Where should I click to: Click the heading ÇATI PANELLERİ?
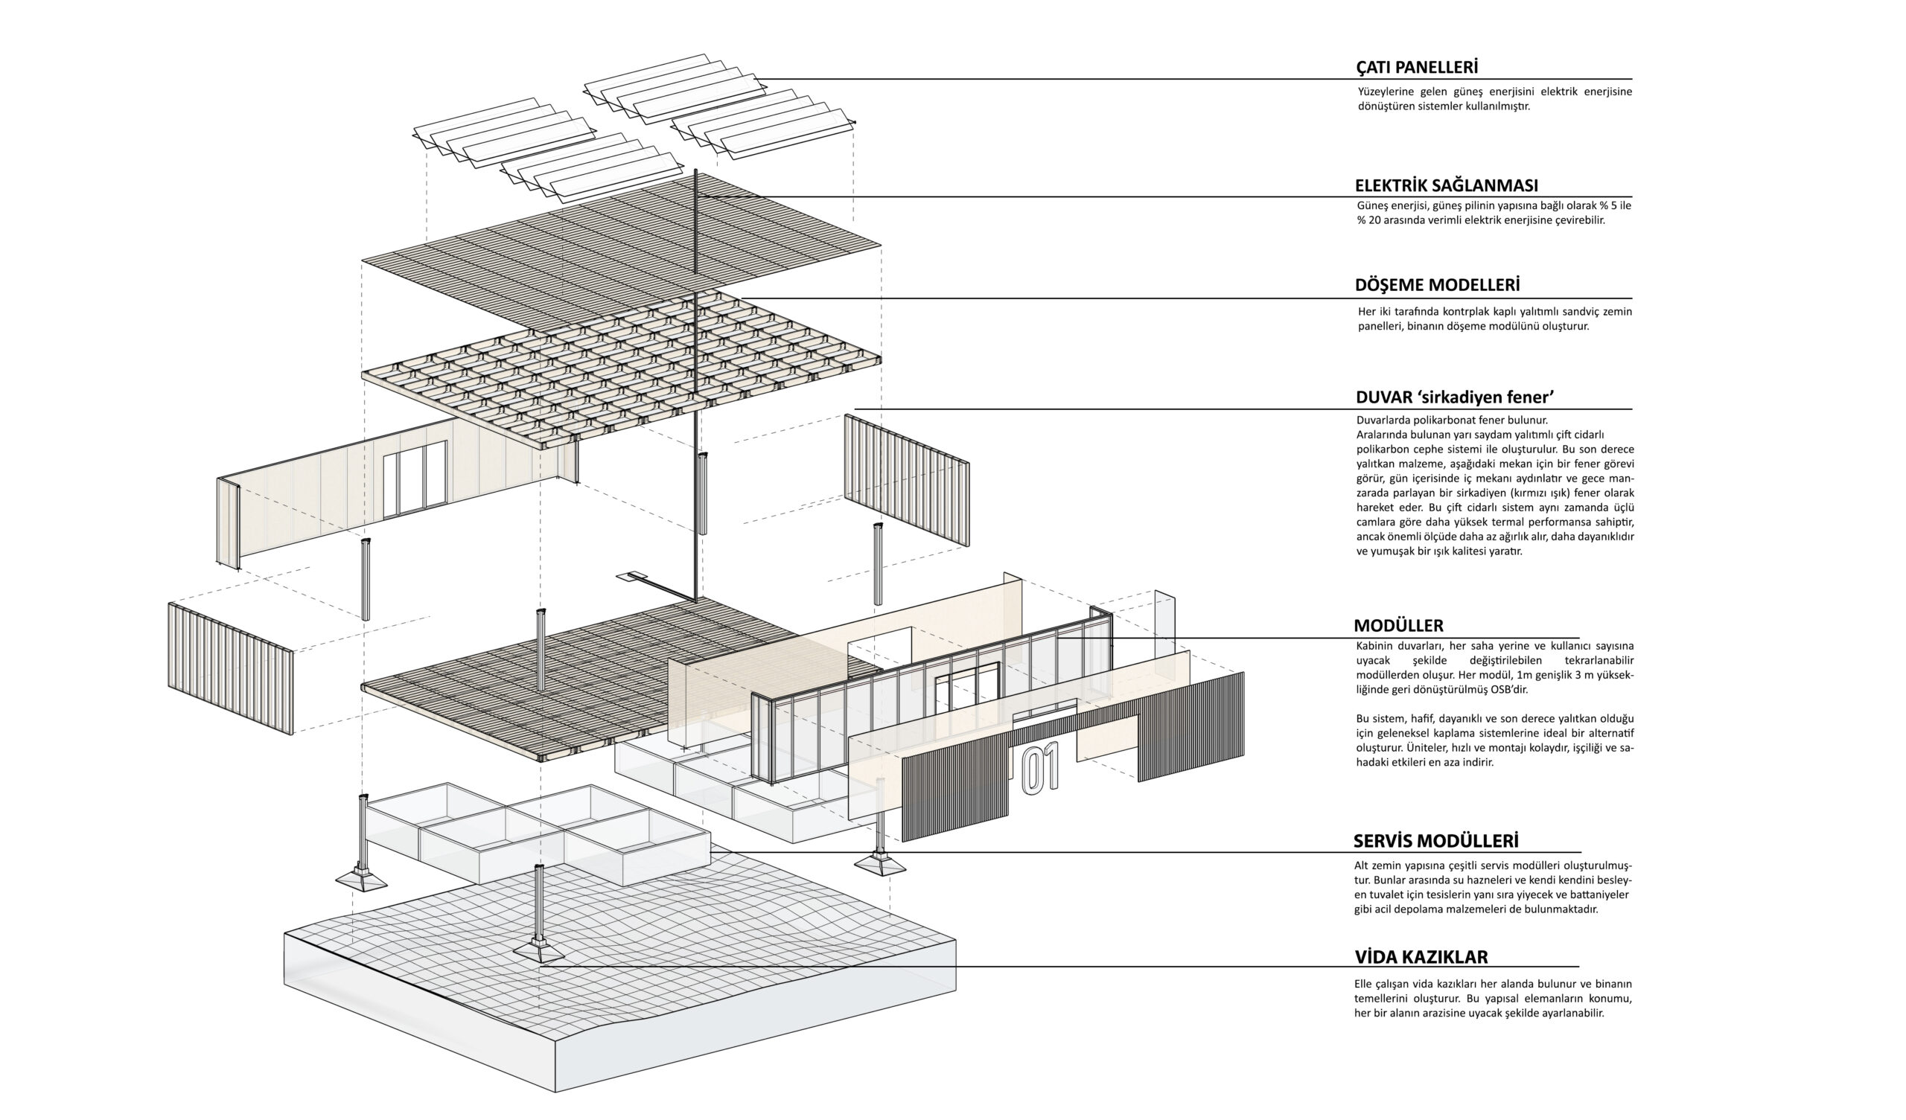(1417, 66)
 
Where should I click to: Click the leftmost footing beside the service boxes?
(362, 880)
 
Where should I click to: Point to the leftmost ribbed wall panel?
(231, 668)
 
